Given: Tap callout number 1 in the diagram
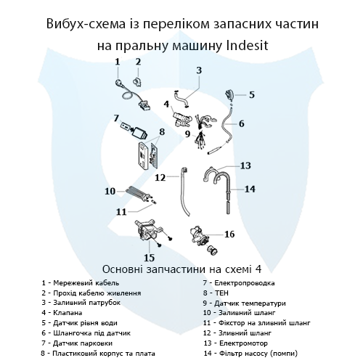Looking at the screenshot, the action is click(118, 63).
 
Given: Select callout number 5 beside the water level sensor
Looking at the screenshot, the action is click(251, 94).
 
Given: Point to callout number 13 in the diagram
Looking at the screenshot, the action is click(245, 166).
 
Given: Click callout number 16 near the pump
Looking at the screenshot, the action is click(229, 234).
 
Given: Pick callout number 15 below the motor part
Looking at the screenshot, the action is click(149, 257).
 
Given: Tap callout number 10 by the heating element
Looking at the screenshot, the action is click(110, 192).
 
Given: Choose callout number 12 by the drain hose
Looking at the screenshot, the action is click(160, 176).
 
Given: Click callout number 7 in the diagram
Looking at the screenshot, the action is click(115, 118).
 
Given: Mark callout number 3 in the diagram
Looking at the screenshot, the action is click(198, 70).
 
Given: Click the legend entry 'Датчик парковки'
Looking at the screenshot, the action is click(81, 342).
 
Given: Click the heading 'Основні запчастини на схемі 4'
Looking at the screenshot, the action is click(181, 266).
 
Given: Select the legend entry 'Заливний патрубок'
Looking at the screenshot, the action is click(86, 302).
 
